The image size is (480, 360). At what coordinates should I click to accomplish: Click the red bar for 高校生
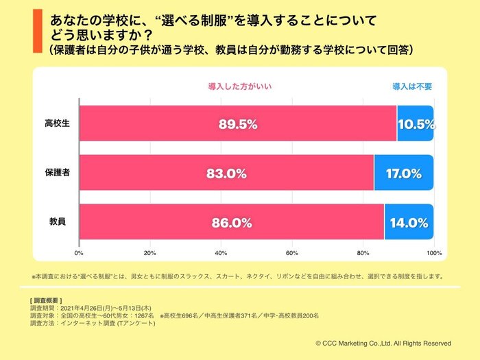pos(171,123)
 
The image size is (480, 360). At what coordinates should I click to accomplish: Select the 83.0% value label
pos(226,173)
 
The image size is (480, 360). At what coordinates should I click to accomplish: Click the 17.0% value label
pos(403,173)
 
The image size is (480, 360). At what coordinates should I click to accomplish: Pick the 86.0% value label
pos(232,223)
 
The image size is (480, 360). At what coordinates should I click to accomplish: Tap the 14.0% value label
pos(409,223)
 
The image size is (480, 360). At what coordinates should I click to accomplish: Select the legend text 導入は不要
pos(412,87)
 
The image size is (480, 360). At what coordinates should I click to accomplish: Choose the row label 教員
pos(58,223)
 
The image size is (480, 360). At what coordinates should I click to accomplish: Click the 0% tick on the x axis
pos(79,253)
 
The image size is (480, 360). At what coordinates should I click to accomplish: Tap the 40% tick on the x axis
pos(221,253)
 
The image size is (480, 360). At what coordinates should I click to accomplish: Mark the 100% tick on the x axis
pos(433,253)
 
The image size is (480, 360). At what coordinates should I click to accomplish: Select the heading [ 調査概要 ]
pos(47,301)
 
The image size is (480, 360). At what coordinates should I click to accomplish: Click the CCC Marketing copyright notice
pos(383,343)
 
